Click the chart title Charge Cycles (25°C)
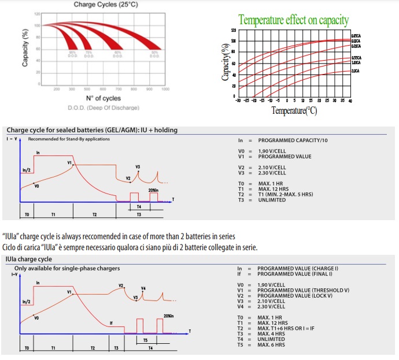[x=106, y=5]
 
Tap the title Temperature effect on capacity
[x=294, y=21]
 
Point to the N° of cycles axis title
[x=103, y=98]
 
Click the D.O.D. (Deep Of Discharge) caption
[x=103, y=107]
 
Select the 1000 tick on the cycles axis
[x=165, y=89]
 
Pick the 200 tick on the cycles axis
[x=57, y=89]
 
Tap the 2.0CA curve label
[x=356, y=70]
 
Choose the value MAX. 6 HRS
[x=272, y=344]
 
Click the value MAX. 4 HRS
[x=272, y=333]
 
